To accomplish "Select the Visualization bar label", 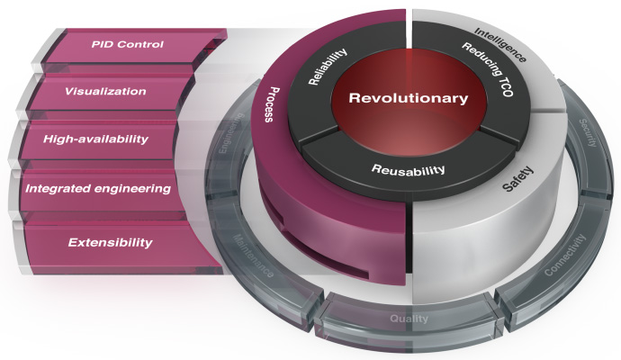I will tap(106, 91).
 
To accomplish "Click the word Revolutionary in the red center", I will tap(409, 97).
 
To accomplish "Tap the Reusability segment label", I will tap(409, 169).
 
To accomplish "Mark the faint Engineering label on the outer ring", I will tap(227, 154).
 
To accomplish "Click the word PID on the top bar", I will tap(103, 44).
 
